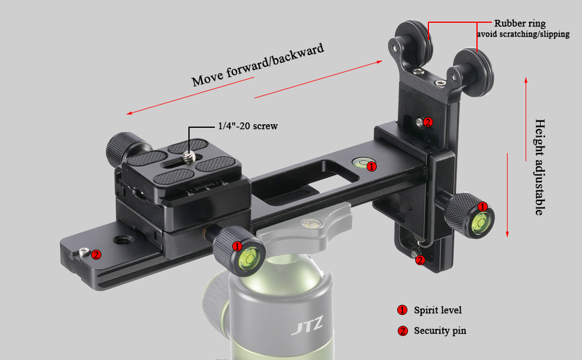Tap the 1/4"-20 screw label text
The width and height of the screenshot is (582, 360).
point(248,126)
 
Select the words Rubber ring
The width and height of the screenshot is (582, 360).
point(520,23)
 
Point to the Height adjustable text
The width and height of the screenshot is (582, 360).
point(539,167)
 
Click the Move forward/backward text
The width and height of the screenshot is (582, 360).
point(258,65)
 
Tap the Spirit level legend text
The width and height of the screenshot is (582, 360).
point(437,310)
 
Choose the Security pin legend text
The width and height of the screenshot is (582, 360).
point(440,331)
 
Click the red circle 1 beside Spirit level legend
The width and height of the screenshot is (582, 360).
point(403,310)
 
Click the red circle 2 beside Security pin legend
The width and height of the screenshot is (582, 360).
point(403,331)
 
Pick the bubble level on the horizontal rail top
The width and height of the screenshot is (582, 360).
point(361,162)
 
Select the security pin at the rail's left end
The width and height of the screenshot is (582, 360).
point(84,253)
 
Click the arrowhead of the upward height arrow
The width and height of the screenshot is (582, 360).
point(526,80)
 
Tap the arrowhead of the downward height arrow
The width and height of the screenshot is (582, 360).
point(508,234)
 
